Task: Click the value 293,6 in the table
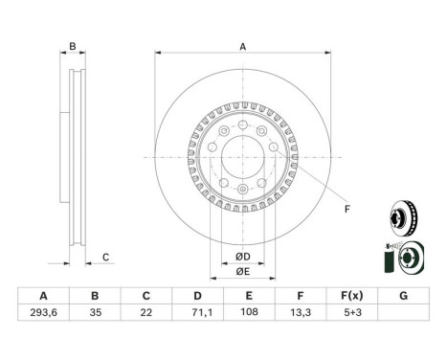(x=43, y=312)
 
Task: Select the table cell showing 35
(x=95, y=312)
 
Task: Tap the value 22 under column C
(x=146, y=312)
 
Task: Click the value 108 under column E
(x=249, y=312)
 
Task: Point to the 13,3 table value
(x=301, y=312)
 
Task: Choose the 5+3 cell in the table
(x=352, y=312)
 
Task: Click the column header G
(x=404, y=296)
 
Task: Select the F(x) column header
(x=352, y=296)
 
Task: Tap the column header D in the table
(x=197, y=296)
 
